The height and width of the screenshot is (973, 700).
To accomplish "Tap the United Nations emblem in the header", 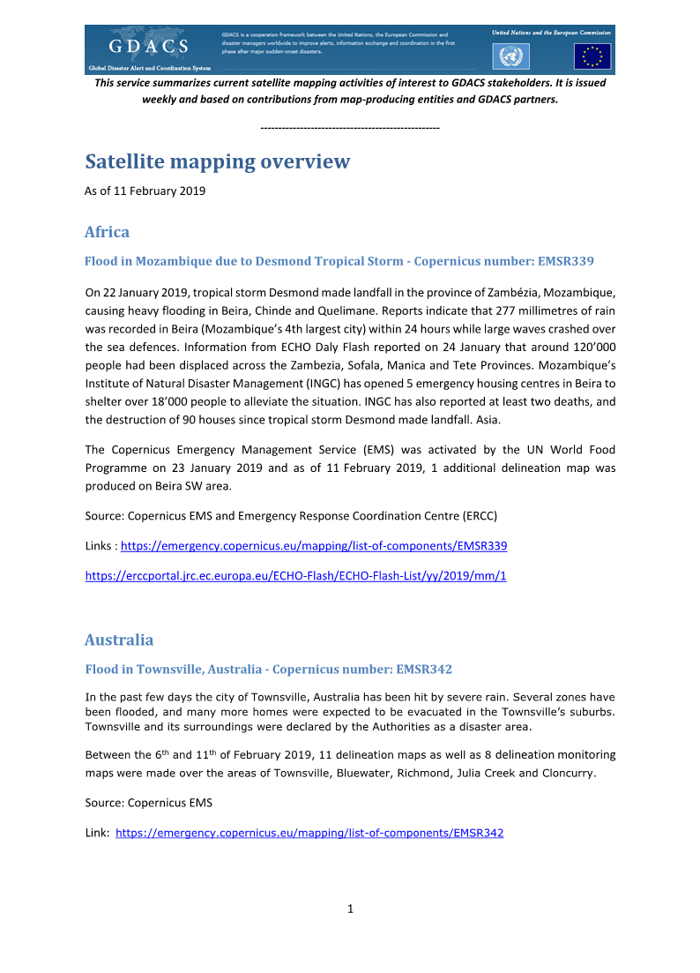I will [510, 56].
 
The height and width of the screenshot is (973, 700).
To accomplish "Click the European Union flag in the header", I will [592, 56].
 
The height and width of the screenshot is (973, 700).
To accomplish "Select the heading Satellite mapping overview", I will [217, 162].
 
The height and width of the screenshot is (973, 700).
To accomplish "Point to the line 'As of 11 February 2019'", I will [145, 191].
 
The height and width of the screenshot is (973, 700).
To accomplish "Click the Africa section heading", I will [107, 232].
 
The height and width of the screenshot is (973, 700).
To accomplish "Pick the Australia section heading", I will [119, 640].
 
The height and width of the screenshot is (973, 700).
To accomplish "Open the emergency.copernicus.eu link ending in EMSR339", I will [313, 546].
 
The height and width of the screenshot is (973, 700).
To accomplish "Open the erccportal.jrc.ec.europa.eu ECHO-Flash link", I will [295, 576].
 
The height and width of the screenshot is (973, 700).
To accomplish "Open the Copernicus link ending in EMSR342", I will [309, 832].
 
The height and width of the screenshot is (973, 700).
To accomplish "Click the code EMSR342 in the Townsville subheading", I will [424, 670].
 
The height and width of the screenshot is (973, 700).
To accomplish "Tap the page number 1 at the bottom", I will [350, 909].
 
